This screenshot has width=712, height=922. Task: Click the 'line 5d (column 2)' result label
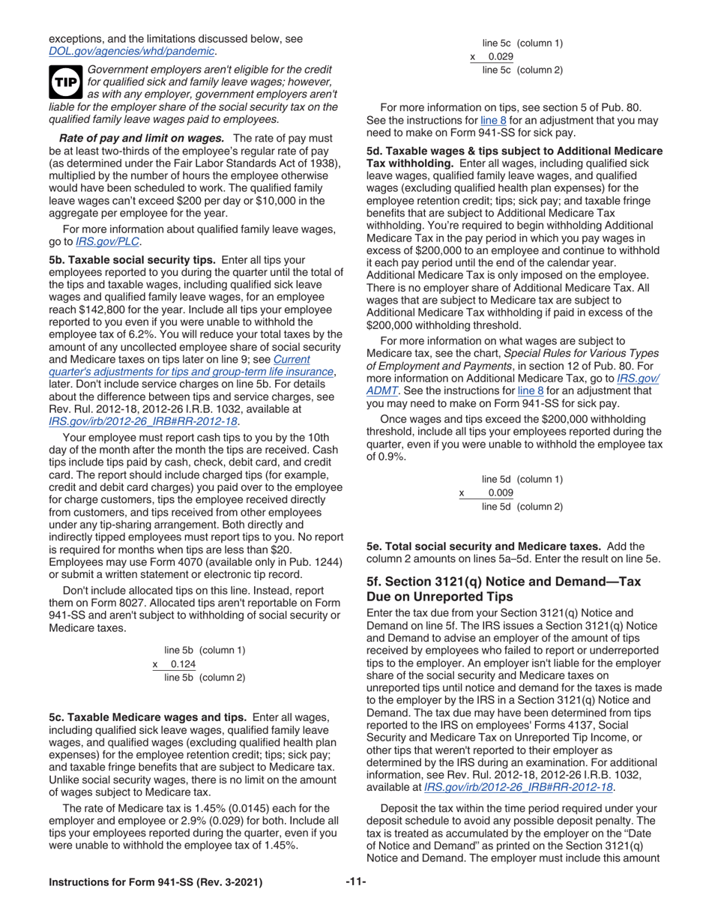(x=522, y=507)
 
